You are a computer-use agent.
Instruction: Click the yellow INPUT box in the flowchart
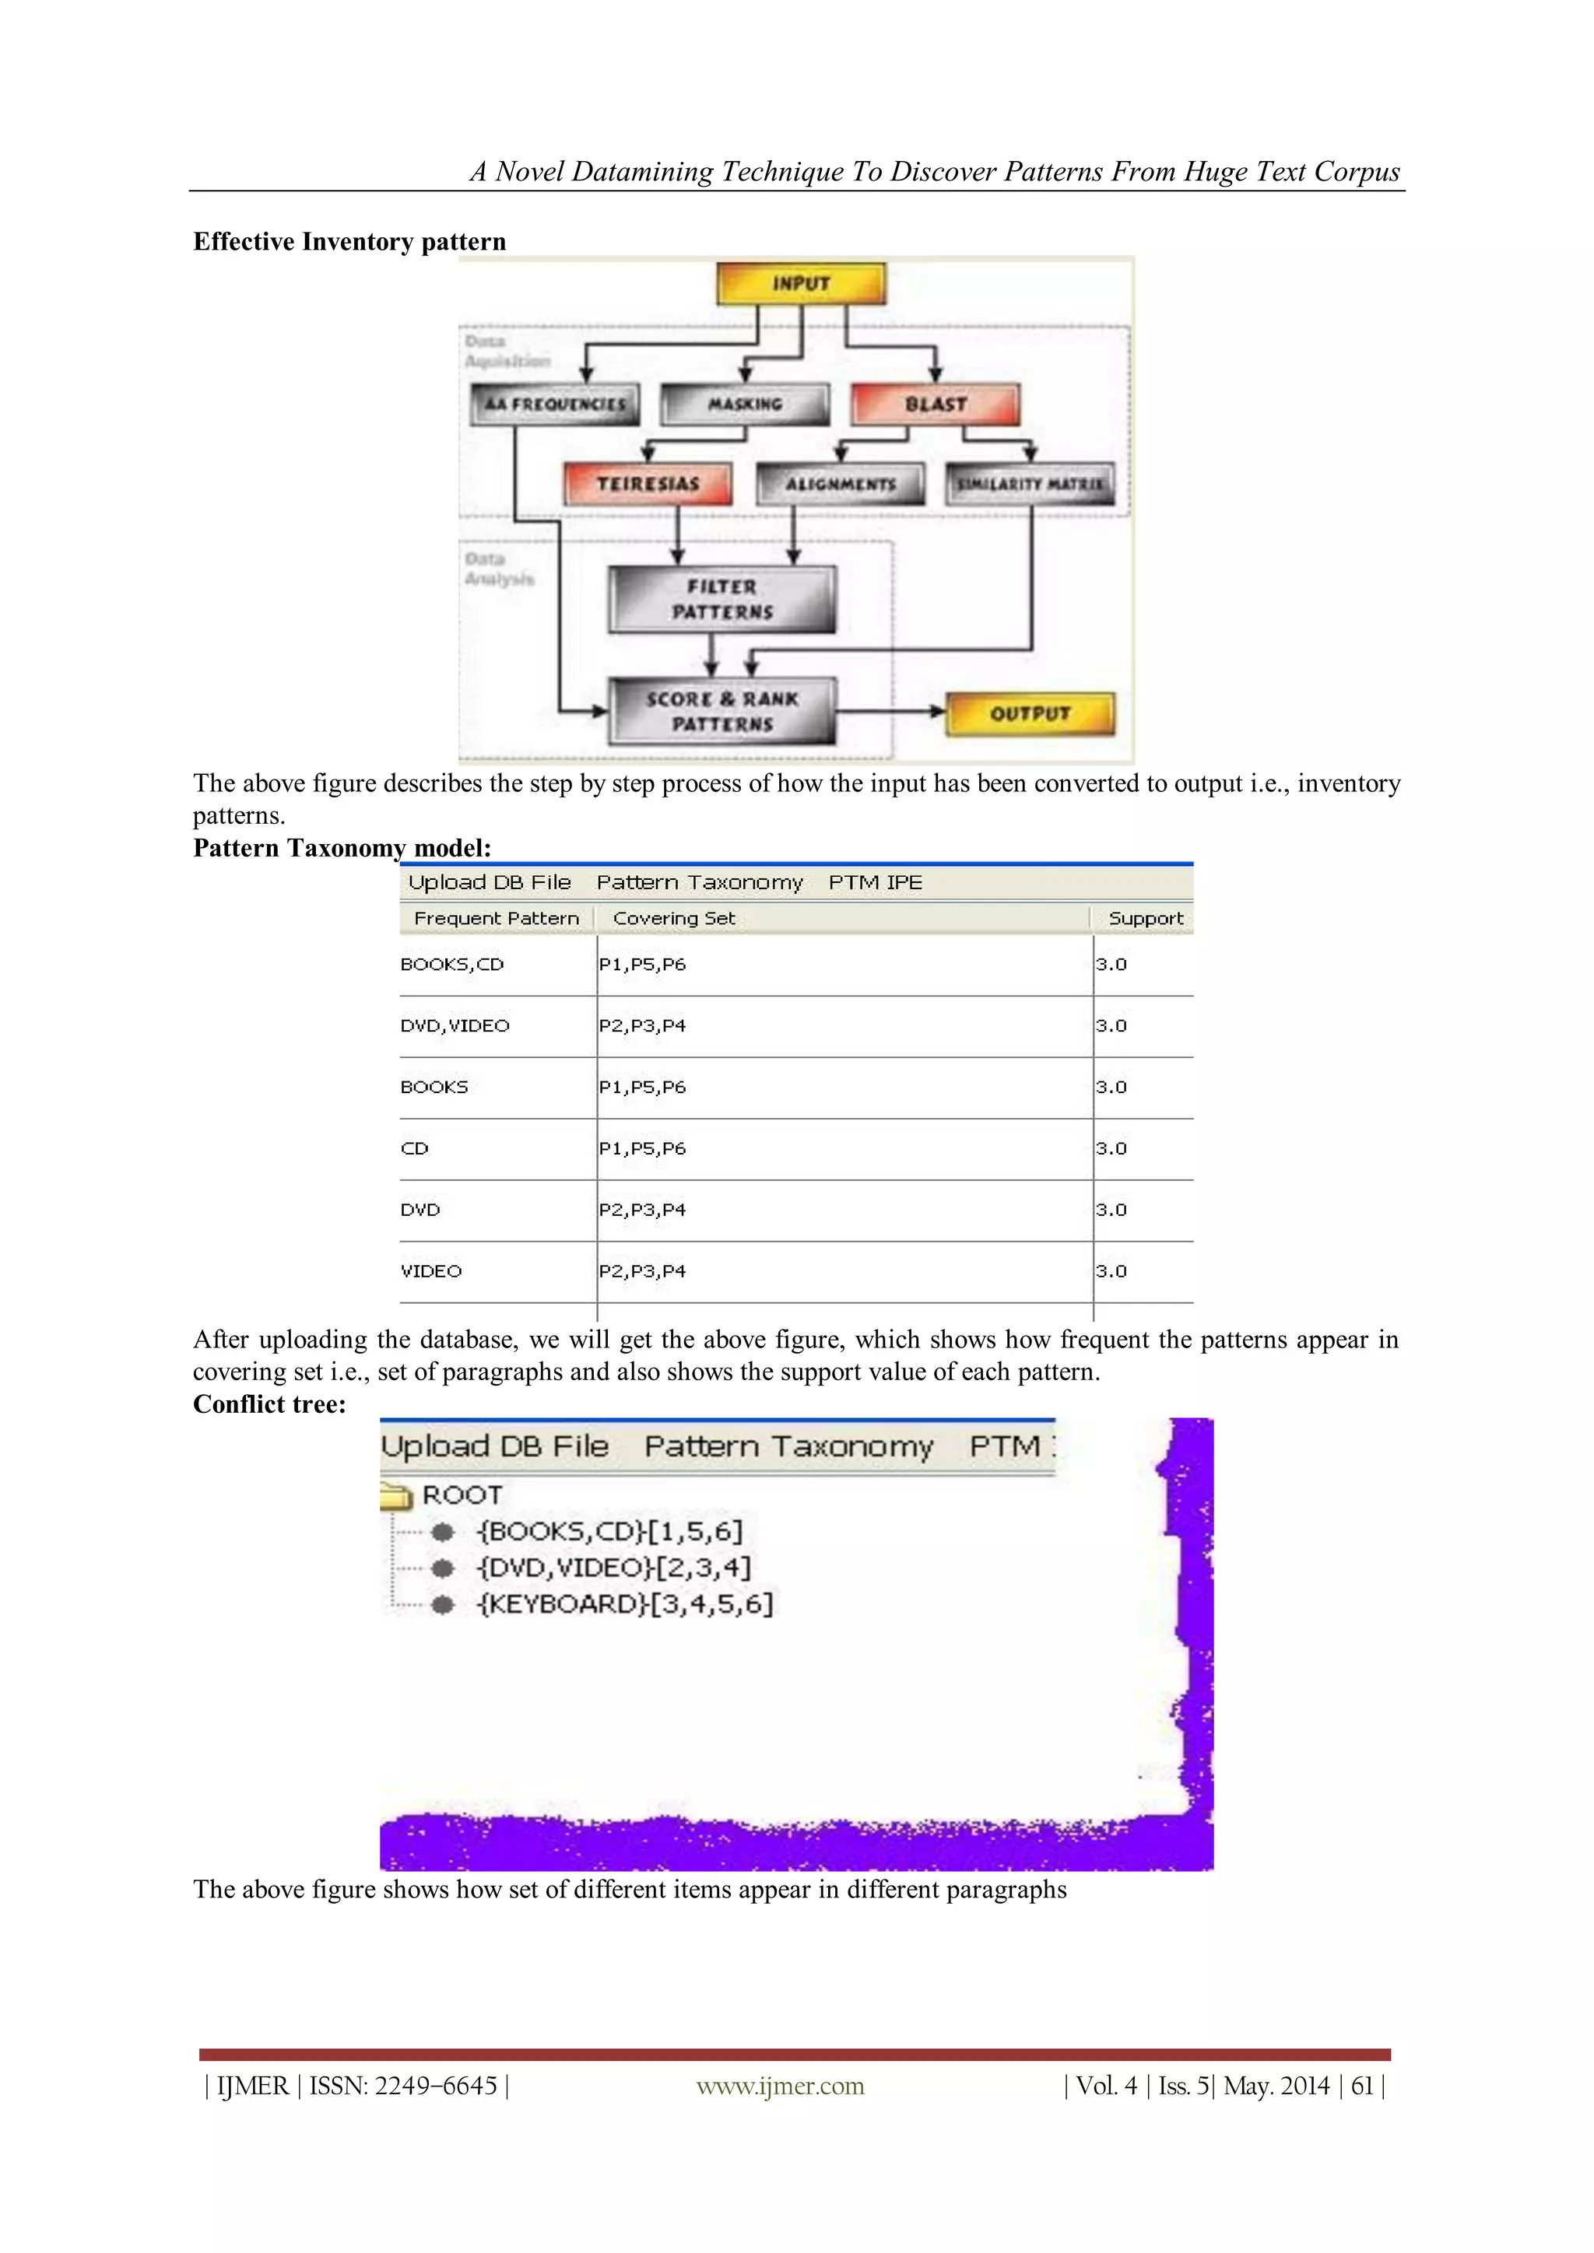click(x=801, y=284)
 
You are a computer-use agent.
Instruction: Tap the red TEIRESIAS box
click(x=648, y=484)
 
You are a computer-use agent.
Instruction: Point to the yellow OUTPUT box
click(x=1030, y=713)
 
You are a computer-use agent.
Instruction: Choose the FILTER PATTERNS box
click(x=722, y=598)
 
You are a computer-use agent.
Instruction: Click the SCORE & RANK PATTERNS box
click(x=722, y=711)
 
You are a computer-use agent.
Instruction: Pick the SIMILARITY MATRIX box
click(x=1030, y=484)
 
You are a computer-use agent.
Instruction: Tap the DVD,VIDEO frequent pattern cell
click(x=455, y=1025)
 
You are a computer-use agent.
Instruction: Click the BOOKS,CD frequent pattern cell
click(x=452, y=965)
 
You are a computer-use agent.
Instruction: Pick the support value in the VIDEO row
click(x=1111, y=1270)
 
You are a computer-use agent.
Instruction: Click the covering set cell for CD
click(x=643, y=1148)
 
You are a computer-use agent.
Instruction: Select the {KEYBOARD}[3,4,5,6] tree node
click(x=625, y=1604)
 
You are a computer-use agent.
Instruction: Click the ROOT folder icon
click(x=395, y=1495)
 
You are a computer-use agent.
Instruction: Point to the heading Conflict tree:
click(x=270, y=1404)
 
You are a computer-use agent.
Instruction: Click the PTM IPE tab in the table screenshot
click(x=876, y=882)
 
